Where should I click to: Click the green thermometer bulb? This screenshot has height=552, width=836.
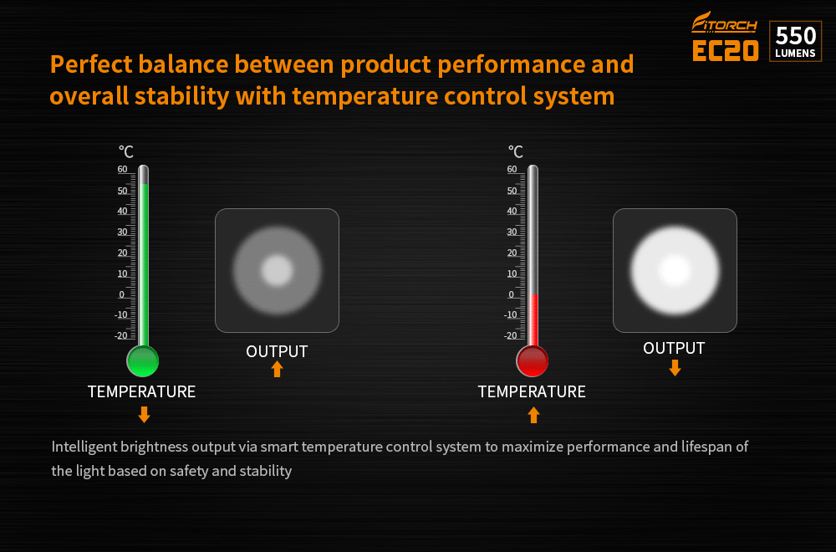(142, 361)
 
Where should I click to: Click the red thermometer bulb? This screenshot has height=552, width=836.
(532, 361)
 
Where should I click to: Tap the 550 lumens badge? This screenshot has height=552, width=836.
(796, 41)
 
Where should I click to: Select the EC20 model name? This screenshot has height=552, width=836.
(725, 51)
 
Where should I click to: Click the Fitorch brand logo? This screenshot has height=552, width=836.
(724, 23)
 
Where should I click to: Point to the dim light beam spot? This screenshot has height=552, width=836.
(277, 270)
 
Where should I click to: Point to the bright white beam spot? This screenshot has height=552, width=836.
(675, 270)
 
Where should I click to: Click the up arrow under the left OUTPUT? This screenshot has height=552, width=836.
(277, 369)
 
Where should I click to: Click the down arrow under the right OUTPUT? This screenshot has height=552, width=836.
(675, 367)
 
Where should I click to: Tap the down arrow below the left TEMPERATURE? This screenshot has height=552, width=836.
(144, 414)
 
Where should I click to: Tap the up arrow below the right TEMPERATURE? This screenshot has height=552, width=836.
(533, 415)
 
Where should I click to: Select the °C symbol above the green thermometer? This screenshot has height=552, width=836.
(126, 152)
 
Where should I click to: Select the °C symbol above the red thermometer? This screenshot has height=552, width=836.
(516, 152)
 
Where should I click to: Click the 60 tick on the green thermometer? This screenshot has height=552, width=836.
(123, 169)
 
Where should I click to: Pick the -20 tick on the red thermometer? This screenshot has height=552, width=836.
(510, 335)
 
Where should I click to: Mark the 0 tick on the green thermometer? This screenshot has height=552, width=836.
(121, 294)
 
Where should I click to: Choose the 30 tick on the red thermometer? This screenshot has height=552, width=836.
(512, 232)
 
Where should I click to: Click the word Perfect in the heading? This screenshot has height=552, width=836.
(91, 64)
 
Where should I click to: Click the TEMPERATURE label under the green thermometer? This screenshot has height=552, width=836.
(142, 391)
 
